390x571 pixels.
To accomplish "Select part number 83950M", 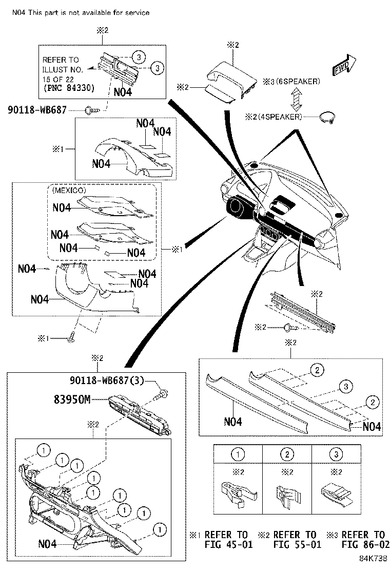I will pyautogui.click(x=72, y=398).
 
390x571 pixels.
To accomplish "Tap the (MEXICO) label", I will pyautogui.click(x=69, y=190).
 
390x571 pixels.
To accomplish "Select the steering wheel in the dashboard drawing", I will pyautogui.click(x=237, y=207).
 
